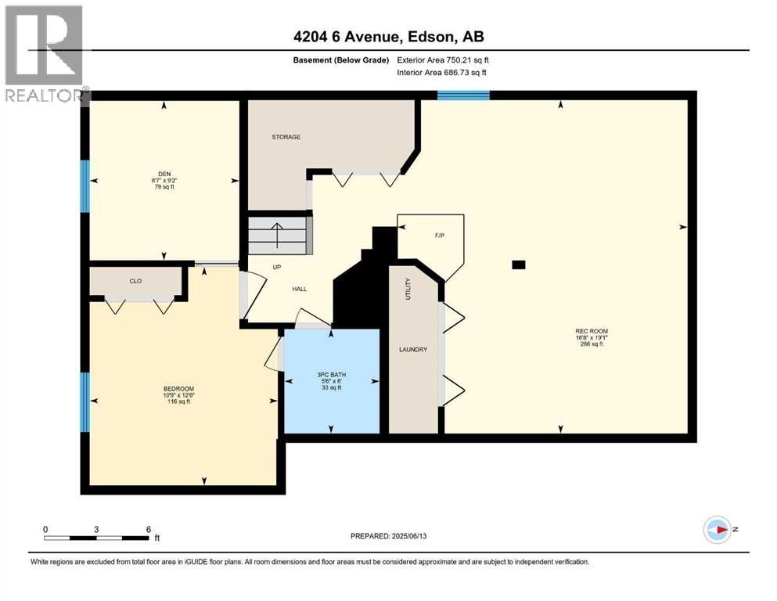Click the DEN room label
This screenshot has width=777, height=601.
point(164,174)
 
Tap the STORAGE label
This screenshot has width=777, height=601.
point(286,137)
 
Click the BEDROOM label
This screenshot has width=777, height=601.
point(178,389)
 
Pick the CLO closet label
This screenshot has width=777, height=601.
point(135,280)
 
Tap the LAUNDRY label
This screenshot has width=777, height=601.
point(414,349)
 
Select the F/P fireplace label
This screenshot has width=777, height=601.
point(439,234)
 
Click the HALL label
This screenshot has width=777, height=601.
point(299,289)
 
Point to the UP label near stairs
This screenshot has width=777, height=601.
point(276,266)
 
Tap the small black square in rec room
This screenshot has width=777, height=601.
point(518,265)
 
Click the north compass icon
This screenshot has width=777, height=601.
point(717,530)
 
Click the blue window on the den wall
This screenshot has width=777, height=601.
point(85,186)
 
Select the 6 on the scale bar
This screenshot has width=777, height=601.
point(149,528)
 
